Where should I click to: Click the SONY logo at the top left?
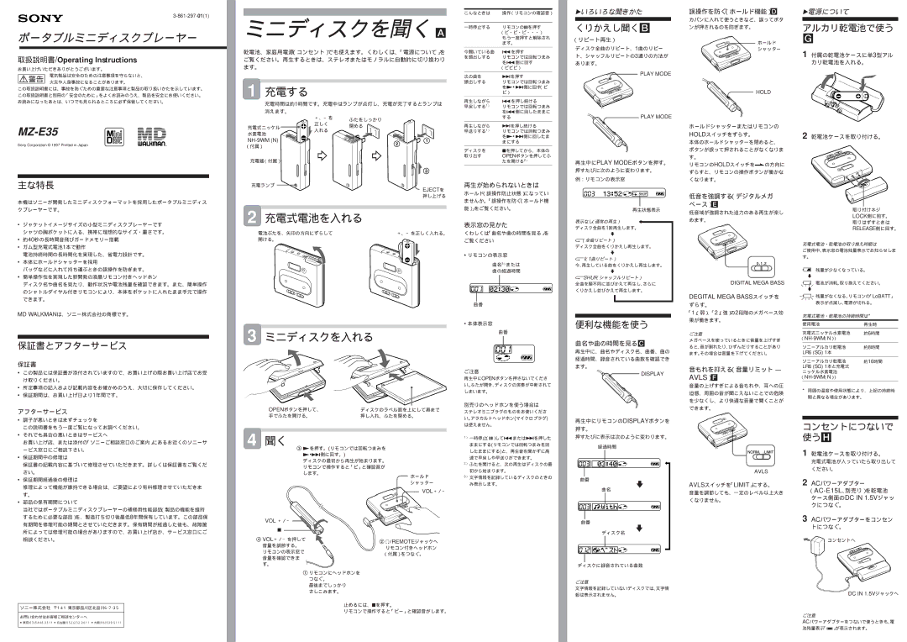click(x=33, y=16)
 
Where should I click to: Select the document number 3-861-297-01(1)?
click(x=194, y=14)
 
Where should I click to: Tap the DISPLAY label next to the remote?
click(x=652, y=373)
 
